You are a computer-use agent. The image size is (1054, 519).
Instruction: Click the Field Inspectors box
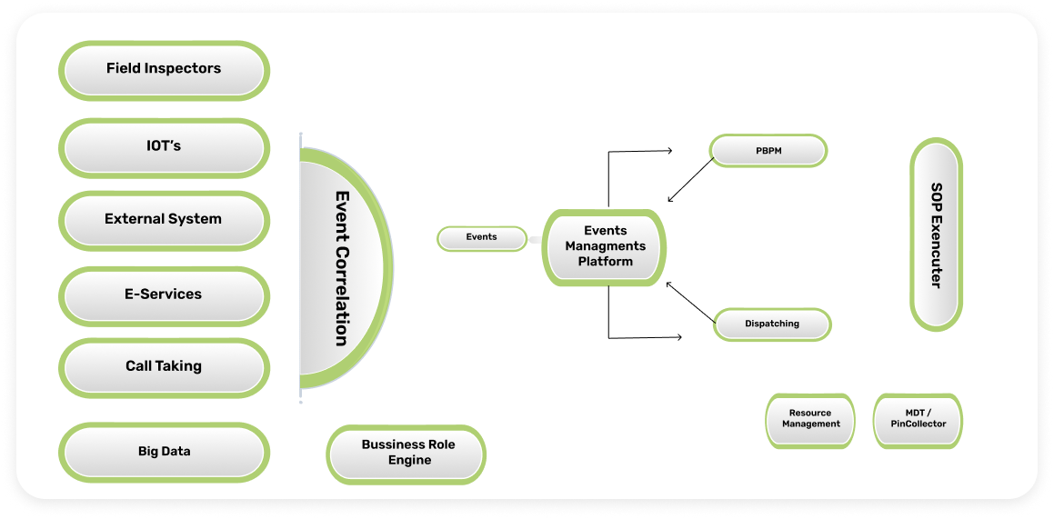click(x=164, y=69)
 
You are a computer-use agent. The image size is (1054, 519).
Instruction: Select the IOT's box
click(x=164, y=146)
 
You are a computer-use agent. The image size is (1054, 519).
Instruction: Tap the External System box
click(x=164, y=219)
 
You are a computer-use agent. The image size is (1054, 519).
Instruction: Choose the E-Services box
click(x=164, y=294)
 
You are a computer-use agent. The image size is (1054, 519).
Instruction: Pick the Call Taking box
click(x=164, y=367)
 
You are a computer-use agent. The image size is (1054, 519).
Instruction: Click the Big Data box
click(x=164, y=452)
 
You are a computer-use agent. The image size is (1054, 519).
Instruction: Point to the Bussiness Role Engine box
click(x=407, y=453)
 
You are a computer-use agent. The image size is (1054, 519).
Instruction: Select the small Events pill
click(x=482, y=238)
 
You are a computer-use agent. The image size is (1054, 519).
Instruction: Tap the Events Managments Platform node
click(x=605, y=246)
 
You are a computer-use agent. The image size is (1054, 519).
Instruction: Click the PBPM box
click(x=768, y=151)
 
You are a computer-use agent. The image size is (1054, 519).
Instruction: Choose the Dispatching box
click(x=772, y=324)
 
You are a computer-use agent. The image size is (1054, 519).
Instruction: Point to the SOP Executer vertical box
click(x=936, y=235)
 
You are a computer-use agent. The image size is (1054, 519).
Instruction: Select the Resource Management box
click(x=810, y=420)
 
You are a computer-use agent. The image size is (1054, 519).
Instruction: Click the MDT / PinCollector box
click(x=918, y=420)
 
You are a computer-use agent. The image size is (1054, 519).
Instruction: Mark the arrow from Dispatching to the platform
click(x=690, y=303)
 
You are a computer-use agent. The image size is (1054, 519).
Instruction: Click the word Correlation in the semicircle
click(x=342, y=295)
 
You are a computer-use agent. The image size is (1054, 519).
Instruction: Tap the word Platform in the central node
click(x=605, y=262)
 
